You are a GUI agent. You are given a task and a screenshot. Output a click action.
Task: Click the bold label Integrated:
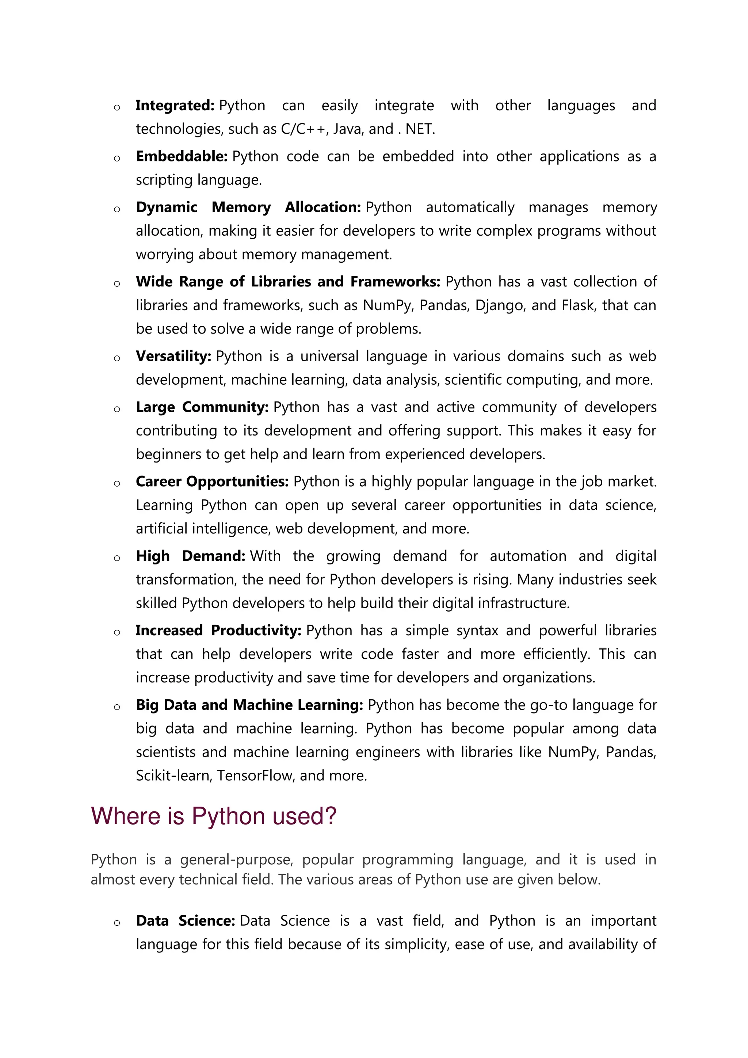point(175,106)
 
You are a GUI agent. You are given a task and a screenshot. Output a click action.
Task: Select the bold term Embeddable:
point(182,157)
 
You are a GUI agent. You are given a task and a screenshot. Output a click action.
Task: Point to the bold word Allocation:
point(323,208)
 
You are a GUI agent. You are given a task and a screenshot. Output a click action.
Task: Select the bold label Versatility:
point(173,356)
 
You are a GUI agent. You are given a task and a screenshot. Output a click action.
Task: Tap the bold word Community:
point(225,407)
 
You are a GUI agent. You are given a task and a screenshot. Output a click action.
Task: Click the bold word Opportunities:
point(237,482)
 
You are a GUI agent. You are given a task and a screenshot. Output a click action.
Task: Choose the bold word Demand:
point(213,556)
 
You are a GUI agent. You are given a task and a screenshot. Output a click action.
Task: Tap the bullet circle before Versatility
point(117,358)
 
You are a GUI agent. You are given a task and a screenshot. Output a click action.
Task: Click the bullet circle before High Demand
point(117,558)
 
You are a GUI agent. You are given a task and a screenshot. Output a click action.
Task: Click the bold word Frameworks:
point(395,282)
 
